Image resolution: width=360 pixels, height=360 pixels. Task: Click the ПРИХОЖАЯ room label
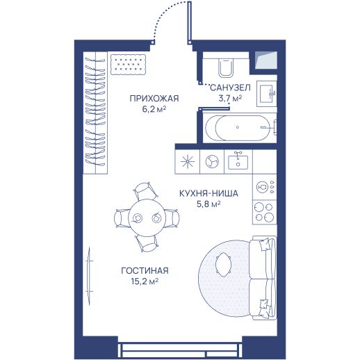click(154, 99)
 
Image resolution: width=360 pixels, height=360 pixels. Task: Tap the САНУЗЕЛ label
click(230, 88)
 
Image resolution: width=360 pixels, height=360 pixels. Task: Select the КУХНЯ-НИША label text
click(208, 193)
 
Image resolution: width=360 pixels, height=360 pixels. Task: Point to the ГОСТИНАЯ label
click(145, 270)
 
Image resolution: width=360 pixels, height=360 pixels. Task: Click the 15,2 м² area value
click(145, 281)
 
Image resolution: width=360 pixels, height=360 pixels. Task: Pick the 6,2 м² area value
click(154, 109)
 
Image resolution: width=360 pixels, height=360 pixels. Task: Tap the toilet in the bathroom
click(226, 67)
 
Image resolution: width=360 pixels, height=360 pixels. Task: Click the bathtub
click(240, 127)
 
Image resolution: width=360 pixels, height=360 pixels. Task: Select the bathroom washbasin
click(267, 93)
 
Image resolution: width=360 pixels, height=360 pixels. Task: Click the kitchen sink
click(238, 161)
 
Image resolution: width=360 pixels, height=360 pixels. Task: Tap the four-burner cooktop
click(264, 212)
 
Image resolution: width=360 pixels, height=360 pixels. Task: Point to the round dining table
click(147, 218)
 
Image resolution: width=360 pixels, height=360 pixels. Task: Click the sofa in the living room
click(263, 278)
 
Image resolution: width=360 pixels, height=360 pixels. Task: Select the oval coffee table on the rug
click(223, 264)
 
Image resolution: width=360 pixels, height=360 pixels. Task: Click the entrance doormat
click(128, 65)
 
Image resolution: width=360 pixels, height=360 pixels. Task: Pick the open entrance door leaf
click(190, 23)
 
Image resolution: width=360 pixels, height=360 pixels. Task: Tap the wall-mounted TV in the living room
click(89, 276)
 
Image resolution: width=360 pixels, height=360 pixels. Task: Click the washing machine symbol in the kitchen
click(212, 161)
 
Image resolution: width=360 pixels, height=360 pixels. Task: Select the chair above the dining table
click(146, 190)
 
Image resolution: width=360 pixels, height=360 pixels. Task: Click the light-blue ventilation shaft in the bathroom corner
click(266, 60)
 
